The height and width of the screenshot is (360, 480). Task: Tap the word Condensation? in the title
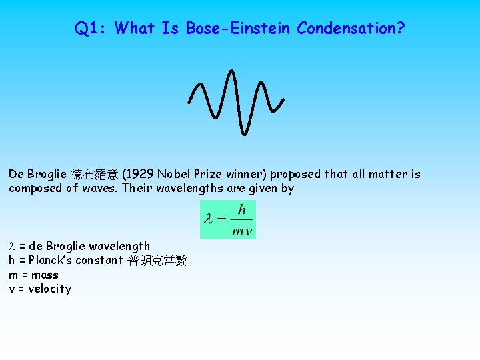click(x=351, y=29)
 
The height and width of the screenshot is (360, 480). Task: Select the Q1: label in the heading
click(x=92, y=29)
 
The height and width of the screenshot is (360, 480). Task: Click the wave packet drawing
click(x=237, y=100)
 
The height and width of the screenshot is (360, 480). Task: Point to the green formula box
click(x=228, y=219)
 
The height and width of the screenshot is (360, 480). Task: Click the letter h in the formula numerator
click(x=241, y=210)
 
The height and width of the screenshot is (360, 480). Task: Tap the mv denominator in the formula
click(x=241, y=230)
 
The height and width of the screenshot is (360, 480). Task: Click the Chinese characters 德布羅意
click(x=94, y=175)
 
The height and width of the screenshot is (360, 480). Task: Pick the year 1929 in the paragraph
click(x=139, y=175)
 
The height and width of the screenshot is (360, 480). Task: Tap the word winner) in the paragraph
click(x=244, y=175)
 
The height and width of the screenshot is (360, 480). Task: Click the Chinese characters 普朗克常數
click(x=157, y=261)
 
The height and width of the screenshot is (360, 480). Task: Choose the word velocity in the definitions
click(x=49, y=289)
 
